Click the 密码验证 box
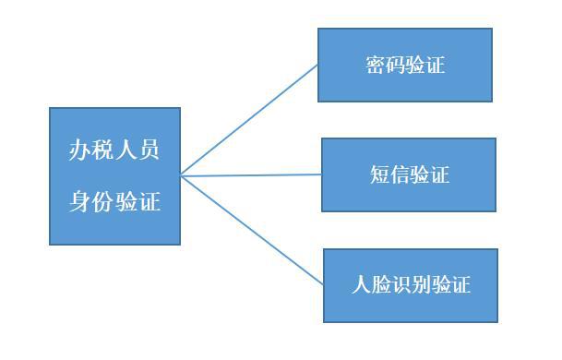(x=404, y=65)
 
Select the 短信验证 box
(x=408, y=174)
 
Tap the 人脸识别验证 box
(x=410, y=284)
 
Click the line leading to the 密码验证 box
(x=249, y=119)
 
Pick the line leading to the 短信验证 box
(x=251, y=174)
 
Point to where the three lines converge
(x=182, y=174)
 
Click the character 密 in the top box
(x=373, y=66)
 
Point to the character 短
(x=377, y=175)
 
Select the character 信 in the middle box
(x=399, y=175)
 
